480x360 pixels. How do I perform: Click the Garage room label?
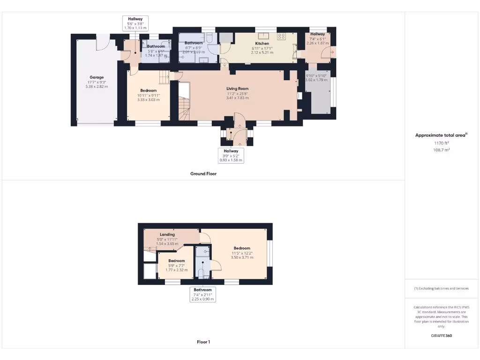tap(97, 77)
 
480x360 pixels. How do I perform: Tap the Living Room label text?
tap(237, 89)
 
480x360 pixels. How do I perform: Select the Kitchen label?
tap(262, 43)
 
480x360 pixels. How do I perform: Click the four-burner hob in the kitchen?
tap(282, 36)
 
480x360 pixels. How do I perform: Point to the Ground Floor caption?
tap(203, 173)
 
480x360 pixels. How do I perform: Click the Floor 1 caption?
tap(203, 342)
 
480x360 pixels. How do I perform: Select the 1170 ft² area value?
tap(442, 143)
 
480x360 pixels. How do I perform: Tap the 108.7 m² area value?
tap(442, 150)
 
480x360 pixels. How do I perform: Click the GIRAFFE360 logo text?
tap(442, 336)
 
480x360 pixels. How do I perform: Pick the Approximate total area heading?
tap(441, 135)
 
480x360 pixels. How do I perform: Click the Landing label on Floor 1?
tap(167, 234)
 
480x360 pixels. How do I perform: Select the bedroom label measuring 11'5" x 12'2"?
tap(242, 248)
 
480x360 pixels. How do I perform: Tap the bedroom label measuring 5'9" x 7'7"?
tap(177, 261)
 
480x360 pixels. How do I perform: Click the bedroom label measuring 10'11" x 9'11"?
tap(148, 90)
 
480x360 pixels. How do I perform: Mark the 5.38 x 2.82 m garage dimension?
tap(97, 87)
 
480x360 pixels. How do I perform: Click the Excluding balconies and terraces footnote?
tap(441, 288)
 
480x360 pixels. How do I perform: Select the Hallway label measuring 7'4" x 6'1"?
tap(317, 34)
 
